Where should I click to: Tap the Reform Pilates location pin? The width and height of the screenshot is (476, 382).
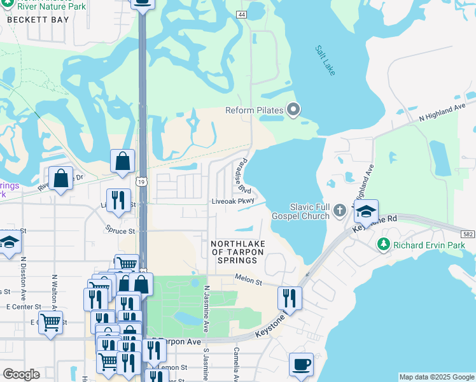293,111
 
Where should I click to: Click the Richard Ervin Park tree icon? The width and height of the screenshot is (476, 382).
383,244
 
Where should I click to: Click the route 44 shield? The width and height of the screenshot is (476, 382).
241,14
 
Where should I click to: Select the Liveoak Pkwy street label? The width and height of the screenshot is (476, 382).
233,201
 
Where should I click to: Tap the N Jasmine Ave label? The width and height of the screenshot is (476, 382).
206,309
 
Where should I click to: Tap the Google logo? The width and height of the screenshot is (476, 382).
21,374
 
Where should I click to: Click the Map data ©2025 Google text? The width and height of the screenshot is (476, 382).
436,377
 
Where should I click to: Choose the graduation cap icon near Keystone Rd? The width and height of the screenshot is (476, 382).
366,211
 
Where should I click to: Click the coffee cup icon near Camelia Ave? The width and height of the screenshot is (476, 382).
302,365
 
